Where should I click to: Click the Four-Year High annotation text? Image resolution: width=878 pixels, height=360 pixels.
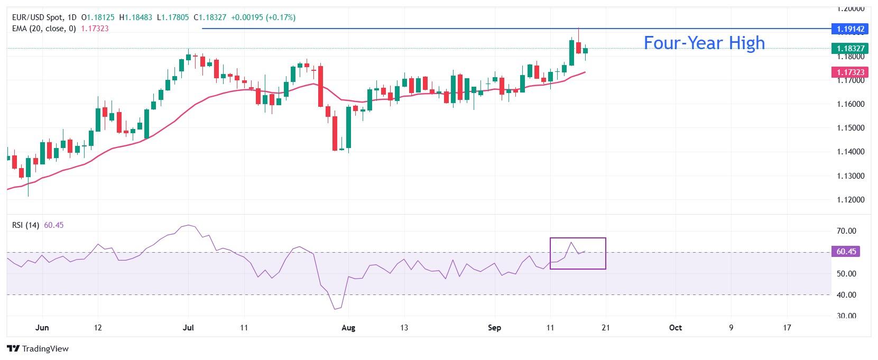click(x=704, y=42)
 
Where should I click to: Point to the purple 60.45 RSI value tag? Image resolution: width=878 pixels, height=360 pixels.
click(x=846, y=252)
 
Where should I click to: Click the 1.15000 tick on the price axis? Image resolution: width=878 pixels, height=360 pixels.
click(x=851, y=128)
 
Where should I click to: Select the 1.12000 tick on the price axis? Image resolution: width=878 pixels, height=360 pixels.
click(x=851, y=200)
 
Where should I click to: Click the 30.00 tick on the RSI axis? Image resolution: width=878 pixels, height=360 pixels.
click(x=847, y=316)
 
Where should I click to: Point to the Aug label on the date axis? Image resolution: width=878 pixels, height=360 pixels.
click(x=348, y=328)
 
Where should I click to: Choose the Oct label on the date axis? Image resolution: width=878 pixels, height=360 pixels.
click(x=675, y=328)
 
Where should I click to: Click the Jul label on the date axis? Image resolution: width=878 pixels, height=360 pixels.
click(x=188, y=328)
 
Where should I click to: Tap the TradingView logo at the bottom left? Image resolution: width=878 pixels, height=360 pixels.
click(x=38, y=349)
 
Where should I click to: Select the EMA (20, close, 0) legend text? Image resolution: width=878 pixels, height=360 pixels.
click(x=44, y=29)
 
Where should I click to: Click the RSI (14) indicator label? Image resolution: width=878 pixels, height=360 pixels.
click(x=25, y=225)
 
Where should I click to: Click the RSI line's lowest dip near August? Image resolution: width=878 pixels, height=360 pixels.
click(x=335, y=309)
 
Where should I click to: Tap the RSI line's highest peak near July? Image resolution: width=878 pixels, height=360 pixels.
click(x=189, y=225)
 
